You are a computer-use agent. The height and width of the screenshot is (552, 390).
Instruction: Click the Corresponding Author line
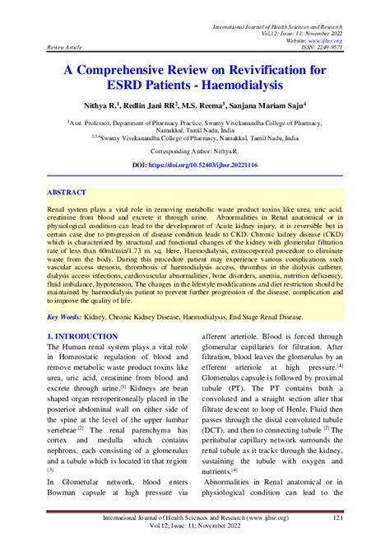[x=194, y=152]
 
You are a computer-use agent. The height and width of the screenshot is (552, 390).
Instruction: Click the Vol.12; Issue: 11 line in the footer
[x=194, y=528]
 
